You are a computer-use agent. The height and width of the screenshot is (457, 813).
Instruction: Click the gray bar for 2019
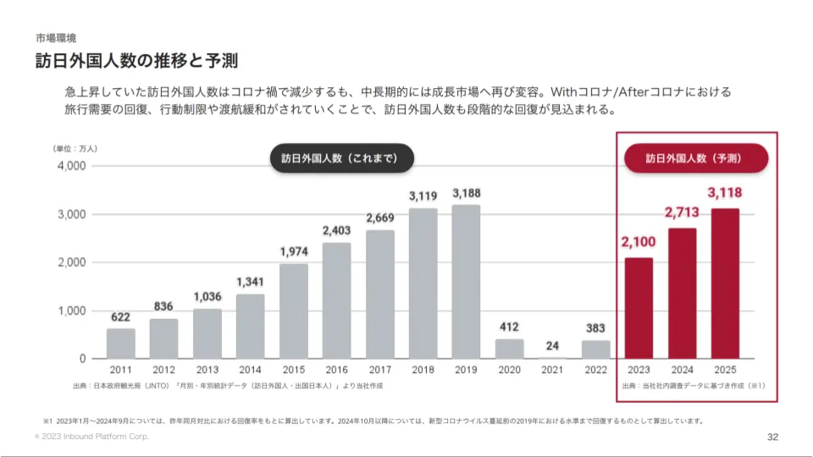click(466, 281)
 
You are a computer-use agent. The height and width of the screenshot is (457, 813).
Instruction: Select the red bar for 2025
click(725, 283)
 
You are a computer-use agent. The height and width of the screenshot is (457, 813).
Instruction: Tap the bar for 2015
click(294, 311)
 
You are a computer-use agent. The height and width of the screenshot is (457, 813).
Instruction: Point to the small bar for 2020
click(509, 349)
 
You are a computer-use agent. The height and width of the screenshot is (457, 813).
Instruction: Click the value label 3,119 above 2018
click(423, 196)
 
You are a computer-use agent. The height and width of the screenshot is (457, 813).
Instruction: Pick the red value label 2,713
click(682, 212)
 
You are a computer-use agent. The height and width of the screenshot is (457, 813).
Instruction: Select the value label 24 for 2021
click(552, 345)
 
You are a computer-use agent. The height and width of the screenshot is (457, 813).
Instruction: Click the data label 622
click(121, 317)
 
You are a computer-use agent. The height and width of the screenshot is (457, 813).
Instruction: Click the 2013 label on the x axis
click(207, 370)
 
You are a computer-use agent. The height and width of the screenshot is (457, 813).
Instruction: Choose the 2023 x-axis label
click(639, 370)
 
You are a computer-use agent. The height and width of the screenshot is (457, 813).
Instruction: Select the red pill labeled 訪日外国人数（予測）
click(695, 158)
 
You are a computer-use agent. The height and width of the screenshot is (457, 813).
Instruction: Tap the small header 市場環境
click(56, 38)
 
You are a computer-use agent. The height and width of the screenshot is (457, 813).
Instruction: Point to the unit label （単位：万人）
click(75, 149)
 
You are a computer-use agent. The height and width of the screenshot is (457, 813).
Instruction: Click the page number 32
click(772, 437)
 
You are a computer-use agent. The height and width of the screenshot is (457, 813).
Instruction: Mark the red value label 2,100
click(639, 243)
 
